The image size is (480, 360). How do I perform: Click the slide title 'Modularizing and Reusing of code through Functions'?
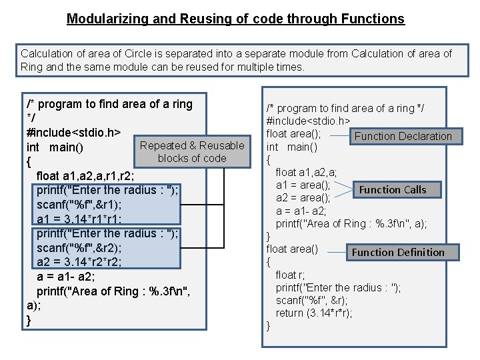(235, 19)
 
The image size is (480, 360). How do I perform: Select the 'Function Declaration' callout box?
(403, 136)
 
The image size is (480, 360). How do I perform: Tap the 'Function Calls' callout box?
(392, 189)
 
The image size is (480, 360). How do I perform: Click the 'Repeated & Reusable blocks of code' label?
(192, 152)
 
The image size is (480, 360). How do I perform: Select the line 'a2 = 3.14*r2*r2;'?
(79, 261)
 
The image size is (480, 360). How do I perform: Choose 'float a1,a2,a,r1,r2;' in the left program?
(85, 176)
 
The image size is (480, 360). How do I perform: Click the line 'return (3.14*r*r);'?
(314, 313)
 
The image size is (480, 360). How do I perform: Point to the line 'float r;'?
(290, 275)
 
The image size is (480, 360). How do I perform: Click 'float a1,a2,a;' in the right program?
(306, 173)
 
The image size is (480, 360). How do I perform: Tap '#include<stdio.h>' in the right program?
(309, 121)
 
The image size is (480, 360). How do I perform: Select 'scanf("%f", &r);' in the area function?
(313, 300)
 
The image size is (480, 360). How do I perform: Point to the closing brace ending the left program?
(29, 320)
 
